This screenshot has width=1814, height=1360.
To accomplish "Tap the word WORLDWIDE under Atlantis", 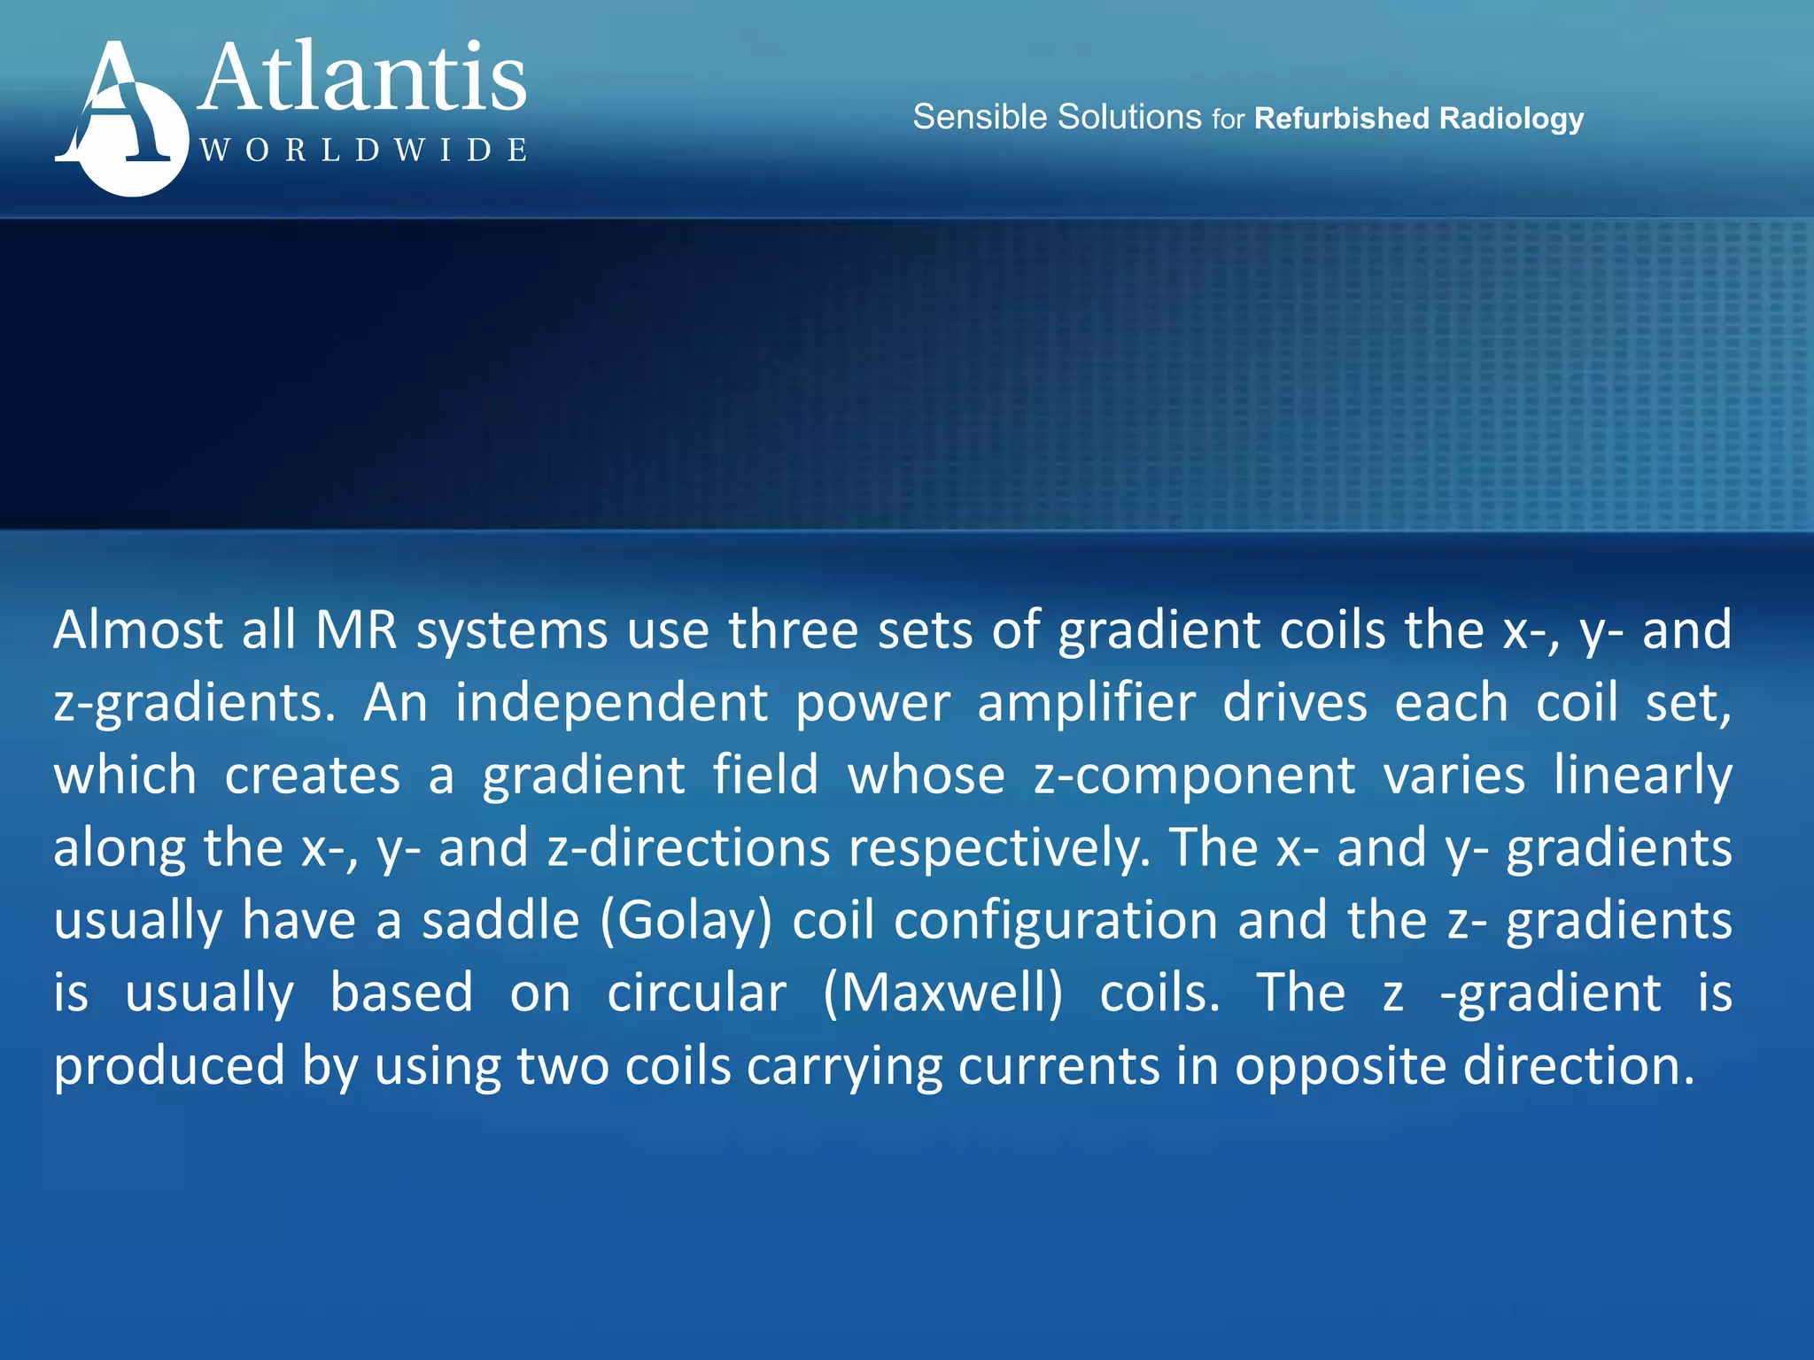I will click(x=363, y=150).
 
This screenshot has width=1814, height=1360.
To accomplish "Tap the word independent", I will click(x=611, y=703).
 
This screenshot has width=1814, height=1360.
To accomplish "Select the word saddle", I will click(x=500, y=921).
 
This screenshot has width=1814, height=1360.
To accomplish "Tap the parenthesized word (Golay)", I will click(x=686, y=921).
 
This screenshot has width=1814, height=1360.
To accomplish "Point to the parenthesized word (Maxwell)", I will click(x=942, y=993).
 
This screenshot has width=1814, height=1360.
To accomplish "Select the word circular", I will click(x=696, y=993).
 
